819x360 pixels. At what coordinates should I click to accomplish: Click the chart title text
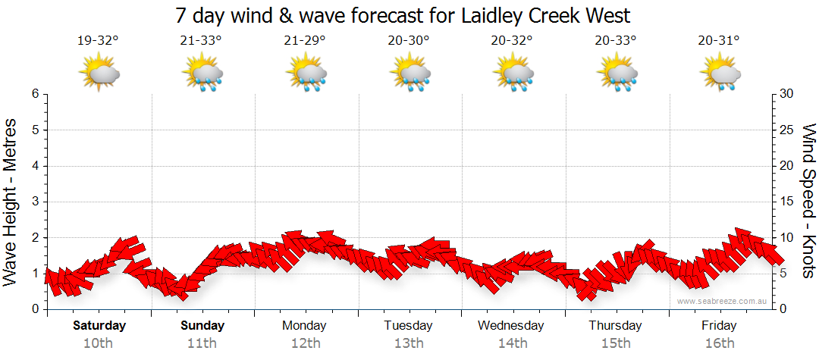[x=403, y=16]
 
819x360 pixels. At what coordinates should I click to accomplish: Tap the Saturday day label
[x=99, y=326]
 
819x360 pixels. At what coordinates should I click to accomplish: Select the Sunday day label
[x=202, y=326]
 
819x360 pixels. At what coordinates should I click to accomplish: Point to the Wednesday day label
[x=511, y=326]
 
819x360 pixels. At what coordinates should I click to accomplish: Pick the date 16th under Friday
[x=719, y=343]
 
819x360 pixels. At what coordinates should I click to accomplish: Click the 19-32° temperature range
[x=98, y=41]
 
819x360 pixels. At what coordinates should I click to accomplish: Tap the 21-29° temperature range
[x=305, y=41]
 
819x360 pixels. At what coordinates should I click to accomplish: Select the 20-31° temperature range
[x=719, y=41]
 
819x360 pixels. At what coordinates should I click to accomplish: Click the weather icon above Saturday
[x=99, y=73]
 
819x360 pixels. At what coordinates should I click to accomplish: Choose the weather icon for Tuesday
[x=410, y=73]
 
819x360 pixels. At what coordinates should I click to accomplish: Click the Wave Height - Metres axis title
[x=11, y=201]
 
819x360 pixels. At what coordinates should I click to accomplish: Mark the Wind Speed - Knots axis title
[x=808, y=201]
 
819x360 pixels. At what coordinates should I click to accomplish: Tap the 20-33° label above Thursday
[x=615, y=41]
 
